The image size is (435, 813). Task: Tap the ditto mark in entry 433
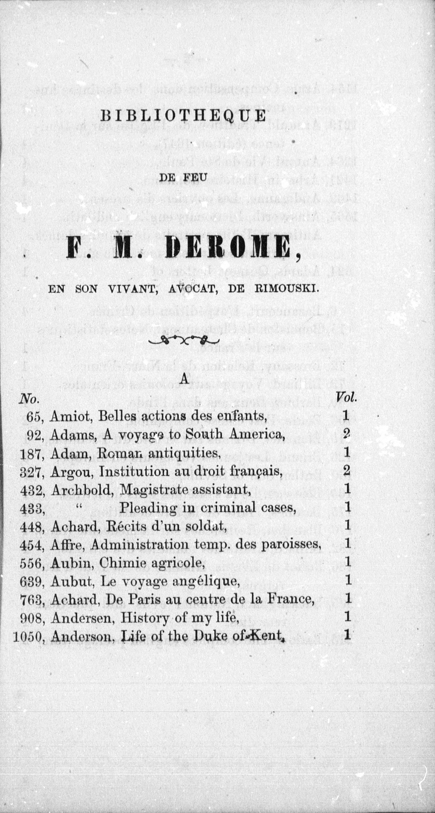[79, 506]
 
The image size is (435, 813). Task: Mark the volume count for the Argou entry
[347, 471]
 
